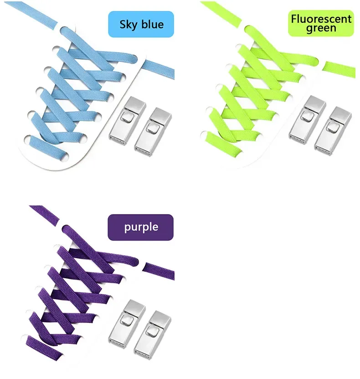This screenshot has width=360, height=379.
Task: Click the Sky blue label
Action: point(141,24)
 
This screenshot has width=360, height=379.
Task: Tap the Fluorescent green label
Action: point(321,24)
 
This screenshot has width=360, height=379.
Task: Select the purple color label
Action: point(140,227)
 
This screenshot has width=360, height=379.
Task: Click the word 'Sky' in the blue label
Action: point(128,24)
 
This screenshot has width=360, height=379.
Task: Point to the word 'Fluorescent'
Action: point(321,19)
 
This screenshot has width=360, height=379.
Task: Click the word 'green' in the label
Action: point(321,29)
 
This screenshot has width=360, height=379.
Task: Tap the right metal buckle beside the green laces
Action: point(332,129)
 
